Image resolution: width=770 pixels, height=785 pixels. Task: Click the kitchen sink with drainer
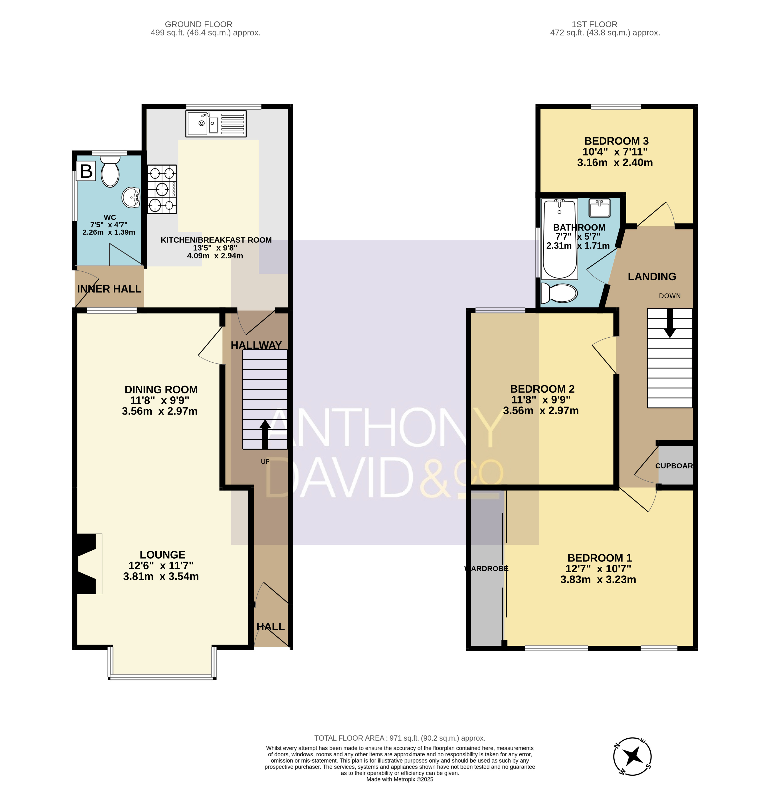(216, 124)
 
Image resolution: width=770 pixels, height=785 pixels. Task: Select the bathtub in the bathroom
(560, 239)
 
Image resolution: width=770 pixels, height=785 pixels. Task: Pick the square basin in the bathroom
(599, 208)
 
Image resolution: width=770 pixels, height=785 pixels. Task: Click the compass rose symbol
(632, 756)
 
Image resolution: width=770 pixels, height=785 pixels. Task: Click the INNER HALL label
(109, 289)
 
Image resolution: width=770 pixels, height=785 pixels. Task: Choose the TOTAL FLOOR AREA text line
(400, 738)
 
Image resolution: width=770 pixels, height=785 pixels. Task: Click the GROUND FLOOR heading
(199, 24)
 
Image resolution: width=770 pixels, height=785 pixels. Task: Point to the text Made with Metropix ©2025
(400, 779)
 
